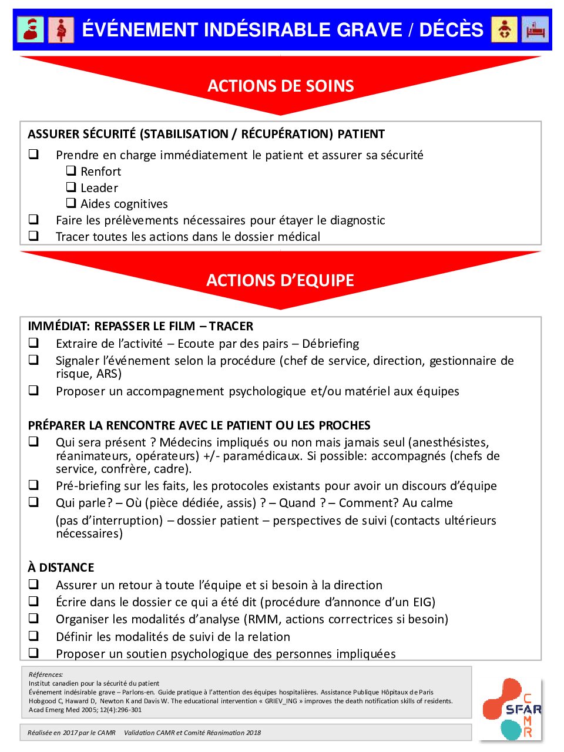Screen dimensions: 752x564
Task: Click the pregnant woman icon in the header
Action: coord(61,29)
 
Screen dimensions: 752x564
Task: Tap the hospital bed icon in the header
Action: coord(535,29)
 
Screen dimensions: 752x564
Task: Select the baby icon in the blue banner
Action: coord(504,29)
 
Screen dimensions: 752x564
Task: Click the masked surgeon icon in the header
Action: coord(31,29)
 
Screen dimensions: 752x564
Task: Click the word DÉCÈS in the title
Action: coord(451,30)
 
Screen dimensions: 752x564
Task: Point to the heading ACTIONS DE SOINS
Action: coord(280,86)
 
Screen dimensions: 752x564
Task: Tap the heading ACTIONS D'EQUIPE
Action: coord(280,280)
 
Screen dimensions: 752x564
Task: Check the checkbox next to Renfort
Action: coord(71,171)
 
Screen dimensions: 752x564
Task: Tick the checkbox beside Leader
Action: coord(71,187)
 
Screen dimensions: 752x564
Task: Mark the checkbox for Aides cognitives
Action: coord(71,203)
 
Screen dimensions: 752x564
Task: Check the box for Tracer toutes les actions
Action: coord(34,236)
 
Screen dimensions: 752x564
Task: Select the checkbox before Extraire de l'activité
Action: coord(34,343)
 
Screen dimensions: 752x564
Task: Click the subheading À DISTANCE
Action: coord(61,568)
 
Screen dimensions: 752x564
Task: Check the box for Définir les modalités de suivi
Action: coord(34,636)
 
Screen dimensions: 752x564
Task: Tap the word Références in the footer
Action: coord(46,674)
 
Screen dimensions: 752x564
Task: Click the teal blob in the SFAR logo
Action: coord(511,729)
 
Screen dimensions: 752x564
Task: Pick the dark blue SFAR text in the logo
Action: coord(523,709)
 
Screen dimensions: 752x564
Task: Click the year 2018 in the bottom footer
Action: coord(253,733)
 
